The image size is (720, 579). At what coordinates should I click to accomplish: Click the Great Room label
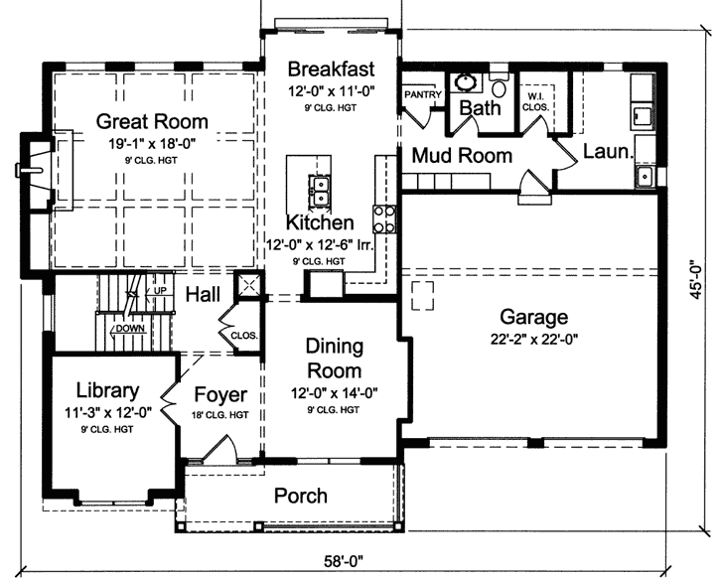pyautogui.click(x=152, y=122)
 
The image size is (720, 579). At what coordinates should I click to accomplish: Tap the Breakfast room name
pyautogui.click(x=331, y=69)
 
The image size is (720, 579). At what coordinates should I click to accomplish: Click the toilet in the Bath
pyautogui.click(x=499, y=86)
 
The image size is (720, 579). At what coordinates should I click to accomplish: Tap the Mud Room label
pyautogui.click(x=462, y=156)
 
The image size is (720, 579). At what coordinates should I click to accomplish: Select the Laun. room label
pyautogui.click(x=603, y=153)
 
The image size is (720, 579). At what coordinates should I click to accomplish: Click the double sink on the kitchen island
pyautogui.click(x=321, y=186)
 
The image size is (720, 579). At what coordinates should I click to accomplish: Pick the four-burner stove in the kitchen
pyautogui.click(x=384, y=217)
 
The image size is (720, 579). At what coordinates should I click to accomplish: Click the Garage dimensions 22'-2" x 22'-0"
pyautogui.click(x=533, y=339)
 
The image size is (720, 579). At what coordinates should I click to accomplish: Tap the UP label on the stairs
pyautogui.click(x=161, y=290)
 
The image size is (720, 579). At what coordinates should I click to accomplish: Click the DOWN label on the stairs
pyautogui.click(x=129, y=329)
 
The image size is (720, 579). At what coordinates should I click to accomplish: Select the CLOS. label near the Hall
pyautogui.click(x=243, y=335)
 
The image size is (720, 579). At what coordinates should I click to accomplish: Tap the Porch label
pyautogui.click(x=300, y=496)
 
